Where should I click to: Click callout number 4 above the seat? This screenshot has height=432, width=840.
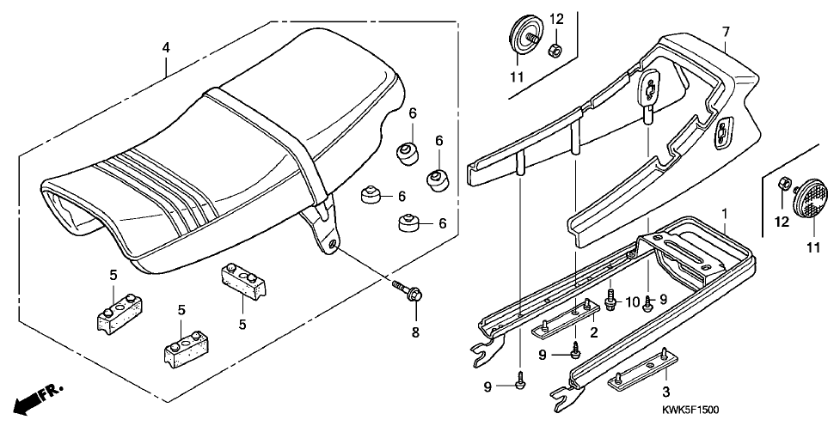click(166, 47)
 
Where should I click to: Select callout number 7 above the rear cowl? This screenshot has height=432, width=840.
click(726, 32)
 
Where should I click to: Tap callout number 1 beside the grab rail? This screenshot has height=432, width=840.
click(724, 214)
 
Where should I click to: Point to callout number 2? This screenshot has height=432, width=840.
click(593, 332)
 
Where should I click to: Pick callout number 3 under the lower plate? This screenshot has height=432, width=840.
click(665, 392)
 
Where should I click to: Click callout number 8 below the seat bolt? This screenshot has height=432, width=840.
click(415, 332)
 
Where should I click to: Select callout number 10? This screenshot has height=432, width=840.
click(633, 303)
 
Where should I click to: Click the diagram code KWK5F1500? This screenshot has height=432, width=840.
click(690, 410)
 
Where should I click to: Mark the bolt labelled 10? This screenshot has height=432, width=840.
click(610, 299)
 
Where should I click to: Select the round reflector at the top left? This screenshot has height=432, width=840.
click(519, 36)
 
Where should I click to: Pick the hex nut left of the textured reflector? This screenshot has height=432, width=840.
click(782, 186)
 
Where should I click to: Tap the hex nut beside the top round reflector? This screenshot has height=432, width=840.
click(555, 51)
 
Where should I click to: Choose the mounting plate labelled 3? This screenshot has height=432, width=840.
click(643, 369)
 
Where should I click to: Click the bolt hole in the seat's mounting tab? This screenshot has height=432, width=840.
click(334, 245)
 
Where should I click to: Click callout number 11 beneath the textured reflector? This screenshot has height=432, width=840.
click(812, 247)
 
